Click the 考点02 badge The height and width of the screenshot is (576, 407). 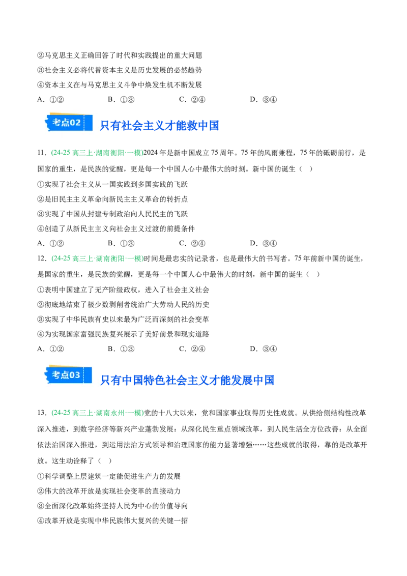point(68,122)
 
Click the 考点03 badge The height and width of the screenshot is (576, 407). point(68,375)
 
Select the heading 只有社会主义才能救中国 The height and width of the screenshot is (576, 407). point(159,126)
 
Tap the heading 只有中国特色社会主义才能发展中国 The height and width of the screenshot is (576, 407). point(187,380)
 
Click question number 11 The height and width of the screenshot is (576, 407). point(42,153)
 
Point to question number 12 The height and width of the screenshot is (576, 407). point(42,258)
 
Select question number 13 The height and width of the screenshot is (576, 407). point(42,413)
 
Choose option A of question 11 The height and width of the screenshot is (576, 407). point(51,243)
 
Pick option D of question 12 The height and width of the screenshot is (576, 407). point(264,349)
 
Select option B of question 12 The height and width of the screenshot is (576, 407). point(121,349)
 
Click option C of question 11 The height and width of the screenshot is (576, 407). point(192,243)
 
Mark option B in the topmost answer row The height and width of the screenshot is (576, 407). point(121,100)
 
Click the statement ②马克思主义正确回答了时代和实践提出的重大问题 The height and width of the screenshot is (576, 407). point(120,55)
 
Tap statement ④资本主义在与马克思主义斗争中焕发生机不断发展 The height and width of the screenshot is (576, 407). point(120,85)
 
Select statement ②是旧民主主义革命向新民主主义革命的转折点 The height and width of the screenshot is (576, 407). point(112,199)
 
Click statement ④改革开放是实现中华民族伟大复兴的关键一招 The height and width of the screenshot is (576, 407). point(112,521)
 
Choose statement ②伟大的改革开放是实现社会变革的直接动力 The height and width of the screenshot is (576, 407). point(109,491)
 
